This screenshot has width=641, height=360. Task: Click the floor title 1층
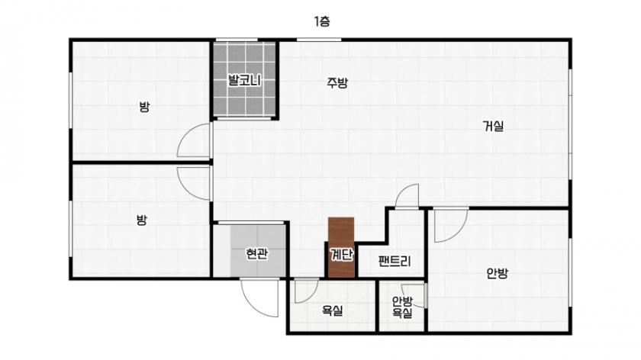coord(322,21)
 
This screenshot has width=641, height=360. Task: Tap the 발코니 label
coord(244,80)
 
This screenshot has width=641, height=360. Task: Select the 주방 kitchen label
coord(337,83)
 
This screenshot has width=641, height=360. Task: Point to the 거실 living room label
coord(494,126)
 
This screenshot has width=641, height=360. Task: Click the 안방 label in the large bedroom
coord(497,272)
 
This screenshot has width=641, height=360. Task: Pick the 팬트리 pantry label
coord(395,261)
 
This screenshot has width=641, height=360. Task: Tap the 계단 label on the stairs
coord(341,255)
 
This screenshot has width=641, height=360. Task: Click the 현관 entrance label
coord(256,254)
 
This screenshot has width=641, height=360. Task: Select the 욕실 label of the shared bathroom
coord(333,310)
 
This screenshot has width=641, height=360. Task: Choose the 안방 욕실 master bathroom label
coord(402,307)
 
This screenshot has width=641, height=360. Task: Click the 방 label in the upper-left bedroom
coord(144,108)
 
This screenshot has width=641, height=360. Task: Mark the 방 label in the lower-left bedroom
coord(141,220)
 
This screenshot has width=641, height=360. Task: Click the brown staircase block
coord(341,248)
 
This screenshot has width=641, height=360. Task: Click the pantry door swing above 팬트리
coord(407,196)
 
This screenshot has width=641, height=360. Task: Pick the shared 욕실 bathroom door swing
coord(307,291)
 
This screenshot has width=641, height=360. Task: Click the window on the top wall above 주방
coord(319,40)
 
